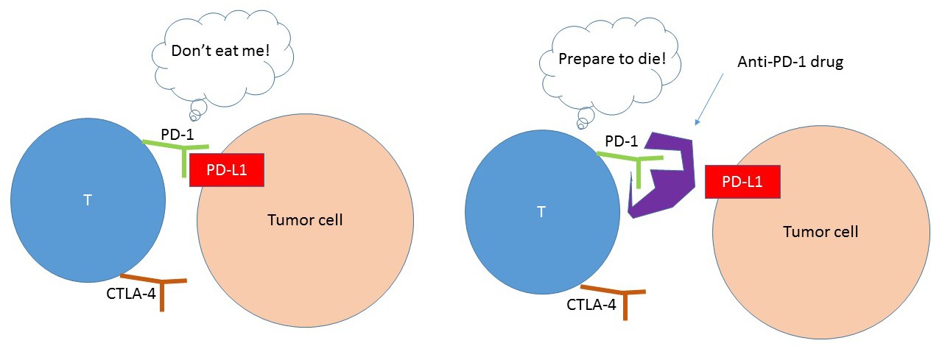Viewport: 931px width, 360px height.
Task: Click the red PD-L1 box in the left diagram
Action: [x=226, y=171]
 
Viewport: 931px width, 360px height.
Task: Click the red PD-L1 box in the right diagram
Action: [x=742, y=181]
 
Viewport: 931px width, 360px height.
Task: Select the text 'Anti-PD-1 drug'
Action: [x=790, y=63]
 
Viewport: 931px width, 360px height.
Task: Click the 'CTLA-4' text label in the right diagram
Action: [x=591, y=303]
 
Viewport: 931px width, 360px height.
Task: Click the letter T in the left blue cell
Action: [x=87, y=200]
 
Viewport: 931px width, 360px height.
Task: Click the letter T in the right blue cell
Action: [x=541, y=212]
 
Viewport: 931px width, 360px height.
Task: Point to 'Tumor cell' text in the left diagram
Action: [x=305, y=219]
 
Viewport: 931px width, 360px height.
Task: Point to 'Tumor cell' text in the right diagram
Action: [x=821, y=231]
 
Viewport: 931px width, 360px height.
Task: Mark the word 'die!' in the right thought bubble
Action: [x=653, y=57]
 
